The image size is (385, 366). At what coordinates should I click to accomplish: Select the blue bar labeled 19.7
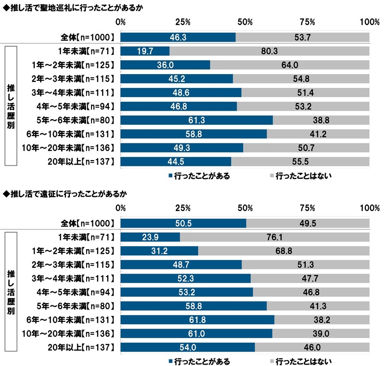point(145,51)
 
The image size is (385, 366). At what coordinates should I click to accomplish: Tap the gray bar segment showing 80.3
point(269,51)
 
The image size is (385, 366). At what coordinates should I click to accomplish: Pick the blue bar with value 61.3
point(196,120)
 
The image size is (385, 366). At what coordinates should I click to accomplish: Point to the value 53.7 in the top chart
point(302,37)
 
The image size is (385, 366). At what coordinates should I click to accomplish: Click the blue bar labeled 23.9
point(150,237)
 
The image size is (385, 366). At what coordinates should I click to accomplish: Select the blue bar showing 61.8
point(197,320)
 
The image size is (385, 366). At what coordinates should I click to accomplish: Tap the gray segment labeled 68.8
point(284,251)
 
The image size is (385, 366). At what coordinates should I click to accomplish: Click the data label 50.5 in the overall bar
point(183,223)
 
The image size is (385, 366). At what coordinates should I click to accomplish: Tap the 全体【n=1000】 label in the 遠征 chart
point(87,223)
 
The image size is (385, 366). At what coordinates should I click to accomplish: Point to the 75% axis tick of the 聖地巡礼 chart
point(307,22)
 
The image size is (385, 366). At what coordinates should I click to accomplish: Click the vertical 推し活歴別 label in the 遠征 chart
point(11,292)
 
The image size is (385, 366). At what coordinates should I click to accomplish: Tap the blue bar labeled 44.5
point(176,161)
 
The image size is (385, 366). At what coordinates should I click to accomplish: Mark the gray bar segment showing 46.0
point(312,347)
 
